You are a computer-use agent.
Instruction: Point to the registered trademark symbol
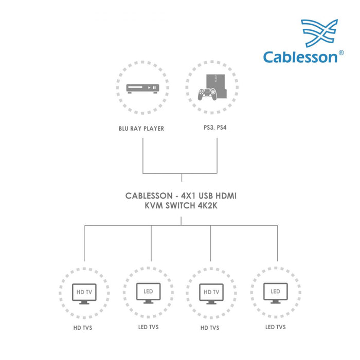coord(340,52)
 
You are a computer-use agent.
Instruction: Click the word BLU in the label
coord(124,129)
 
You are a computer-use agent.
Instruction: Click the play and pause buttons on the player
coord(151,88)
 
